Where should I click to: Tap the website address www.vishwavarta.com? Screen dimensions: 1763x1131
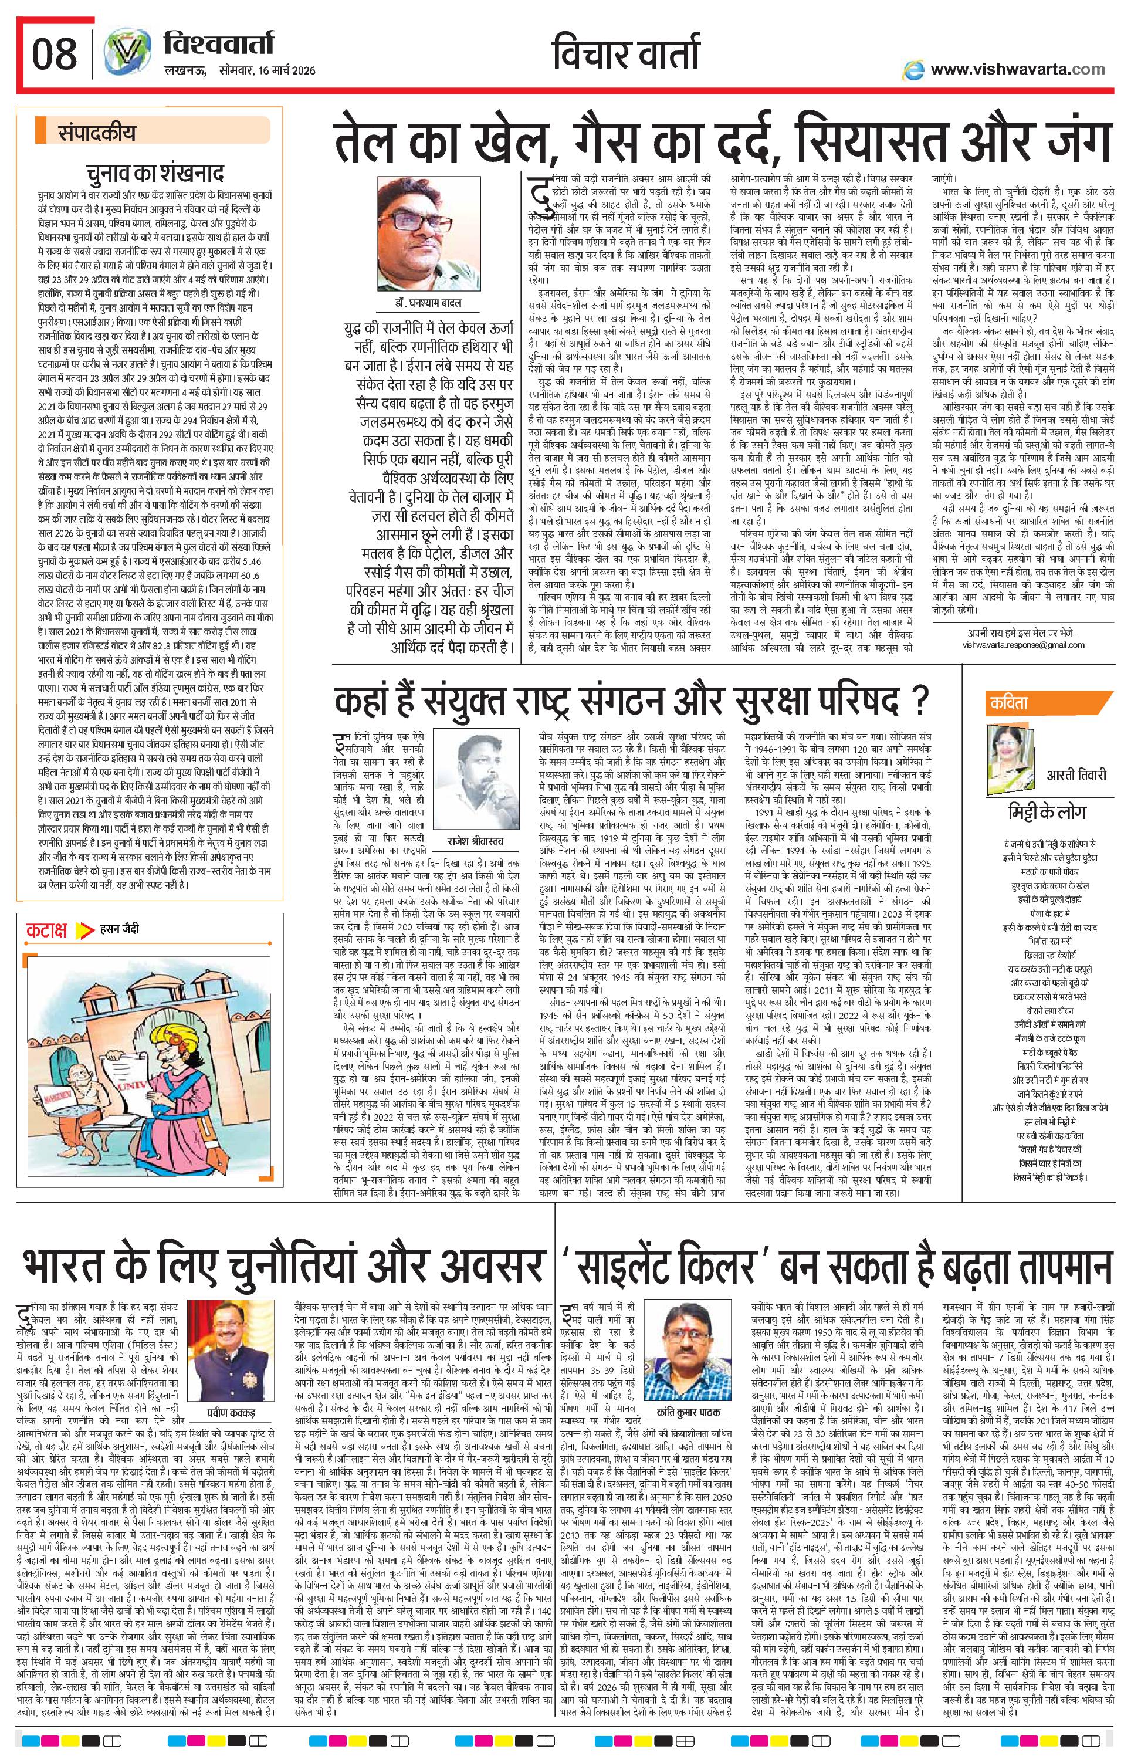[x=1017, y=69]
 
